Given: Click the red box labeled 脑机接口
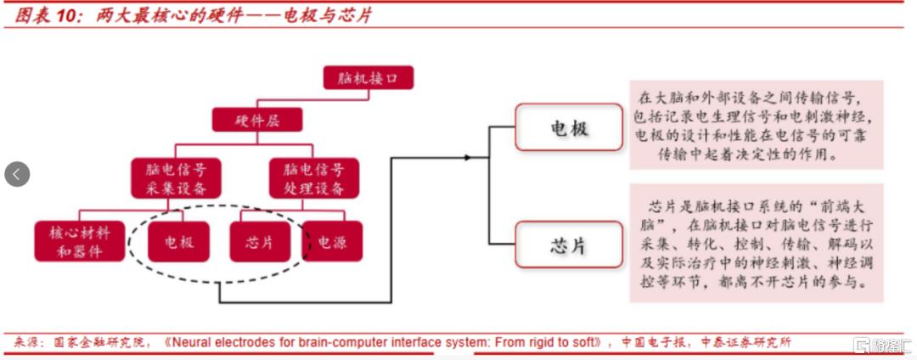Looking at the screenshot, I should tap(369, 79).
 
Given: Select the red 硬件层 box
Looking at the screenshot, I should tap(257, 120).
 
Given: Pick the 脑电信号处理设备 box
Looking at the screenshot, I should tap(314, 178).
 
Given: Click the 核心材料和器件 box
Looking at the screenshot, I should tap(79, 241).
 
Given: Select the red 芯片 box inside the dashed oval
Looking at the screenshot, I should tap(260, 241).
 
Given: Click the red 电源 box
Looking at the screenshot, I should tap(333, 241).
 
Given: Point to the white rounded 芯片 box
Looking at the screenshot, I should tap(569, 245).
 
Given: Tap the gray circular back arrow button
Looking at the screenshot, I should tap(17, 174).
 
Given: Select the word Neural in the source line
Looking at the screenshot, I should tap(193, 343).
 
